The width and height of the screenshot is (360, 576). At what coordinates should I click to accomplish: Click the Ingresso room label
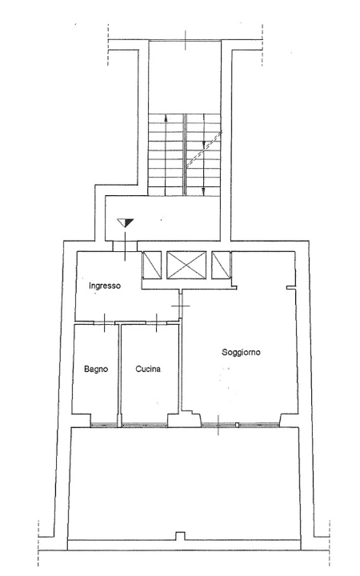(x=105, y=286)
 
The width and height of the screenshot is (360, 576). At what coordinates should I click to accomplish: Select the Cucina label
(x=148, y=369)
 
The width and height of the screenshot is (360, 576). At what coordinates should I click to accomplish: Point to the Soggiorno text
(x=242, y=352)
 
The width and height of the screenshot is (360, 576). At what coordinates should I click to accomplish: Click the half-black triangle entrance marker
(x=125, y=222)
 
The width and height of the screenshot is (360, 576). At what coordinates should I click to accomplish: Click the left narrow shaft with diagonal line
(x=150, y=265)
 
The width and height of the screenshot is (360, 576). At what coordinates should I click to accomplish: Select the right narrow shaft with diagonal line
(x=222, y=265)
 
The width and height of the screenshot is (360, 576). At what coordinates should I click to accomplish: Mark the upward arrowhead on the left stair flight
(x=166, y=118)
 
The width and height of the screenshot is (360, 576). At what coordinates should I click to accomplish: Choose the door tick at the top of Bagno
(x=105, y=322)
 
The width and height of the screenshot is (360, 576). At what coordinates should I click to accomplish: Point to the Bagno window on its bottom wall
(x=104, y=424)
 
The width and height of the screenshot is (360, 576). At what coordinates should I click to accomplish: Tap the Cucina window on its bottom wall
(x=144, y=424)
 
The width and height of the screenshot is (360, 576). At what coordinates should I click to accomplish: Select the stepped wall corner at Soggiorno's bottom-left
(x=190, y=415)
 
